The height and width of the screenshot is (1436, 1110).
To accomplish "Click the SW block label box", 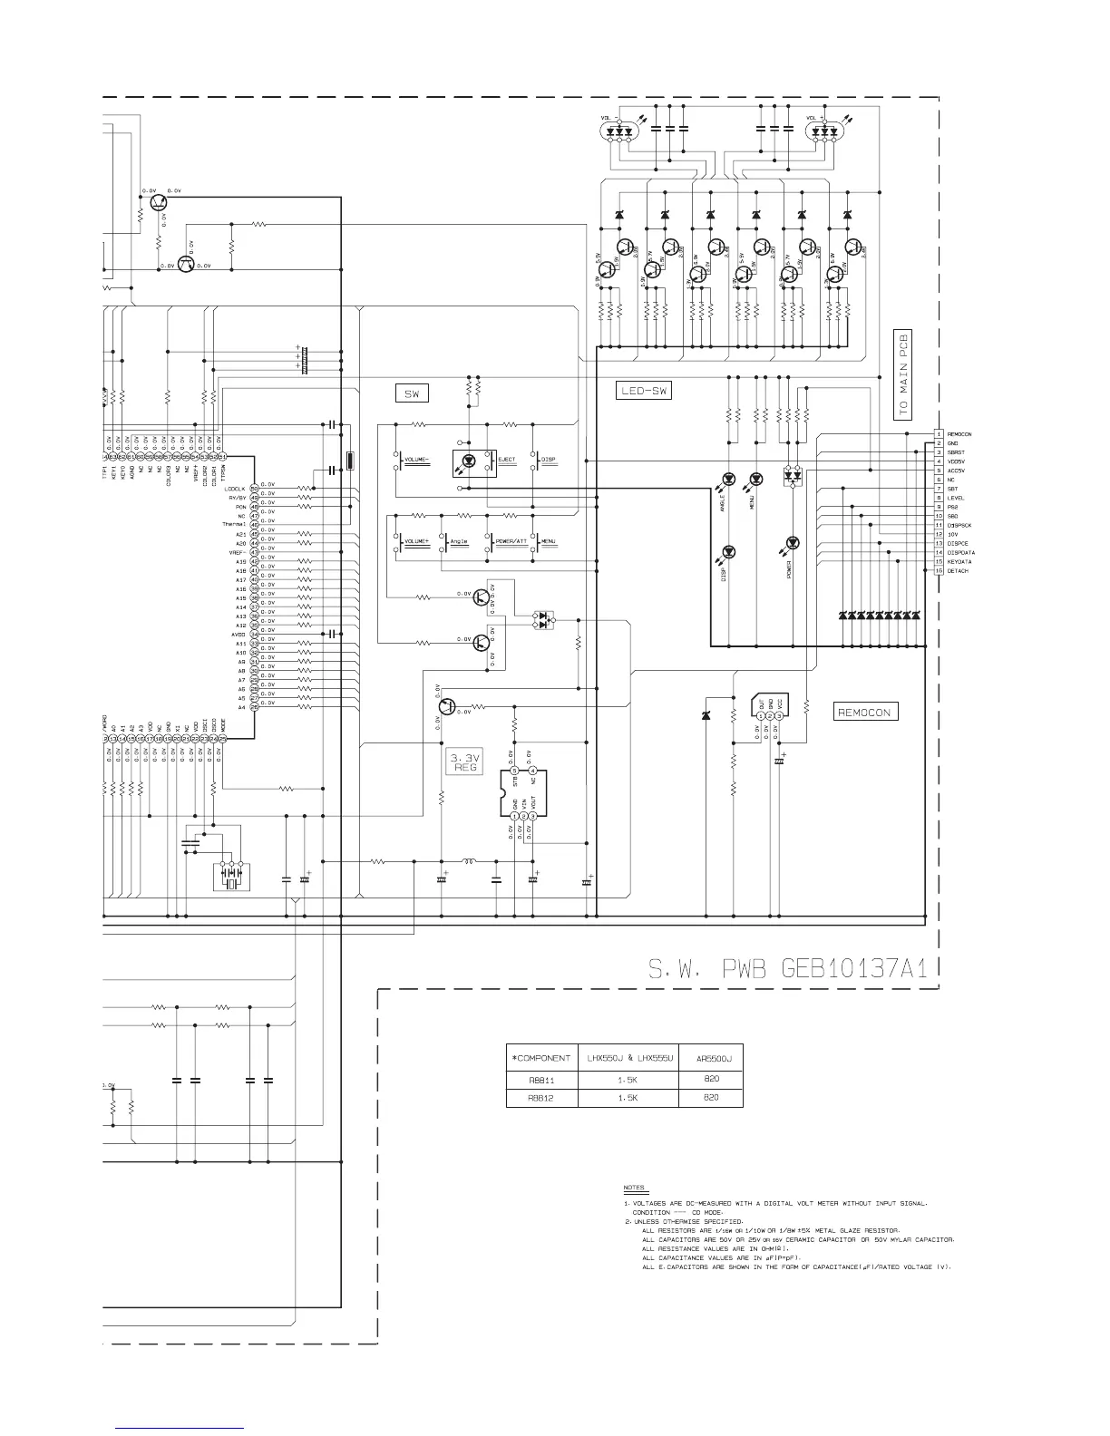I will point(411,393).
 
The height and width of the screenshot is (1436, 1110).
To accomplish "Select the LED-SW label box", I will point(643,391).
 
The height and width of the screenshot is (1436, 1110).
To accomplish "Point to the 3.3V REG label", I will point(465,761).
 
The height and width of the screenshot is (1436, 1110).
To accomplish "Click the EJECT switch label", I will point(507,460).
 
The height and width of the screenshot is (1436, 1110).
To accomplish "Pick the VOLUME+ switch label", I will point(418,541).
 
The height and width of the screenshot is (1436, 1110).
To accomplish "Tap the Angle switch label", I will point(458,541).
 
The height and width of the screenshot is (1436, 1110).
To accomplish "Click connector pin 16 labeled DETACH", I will point(957,571).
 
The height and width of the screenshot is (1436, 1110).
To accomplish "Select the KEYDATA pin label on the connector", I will point(959,562).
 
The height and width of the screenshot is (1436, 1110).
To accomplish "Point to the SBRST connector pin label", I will point(956,452).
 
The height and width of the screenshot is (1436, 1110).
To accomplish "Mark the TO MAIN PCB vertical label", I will point(902,372).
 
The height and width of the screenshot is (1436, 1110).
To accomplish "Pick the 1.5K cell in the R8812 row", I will point(628,1098).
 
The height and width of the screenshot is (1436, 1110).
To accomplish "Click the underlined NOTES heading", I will point(634,1188).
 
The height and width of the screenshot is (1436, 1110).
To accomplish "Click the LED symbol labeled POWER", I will point(794,544).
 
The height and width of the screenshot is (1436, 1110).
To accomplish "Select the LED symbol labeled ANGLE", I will point(727,479).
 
